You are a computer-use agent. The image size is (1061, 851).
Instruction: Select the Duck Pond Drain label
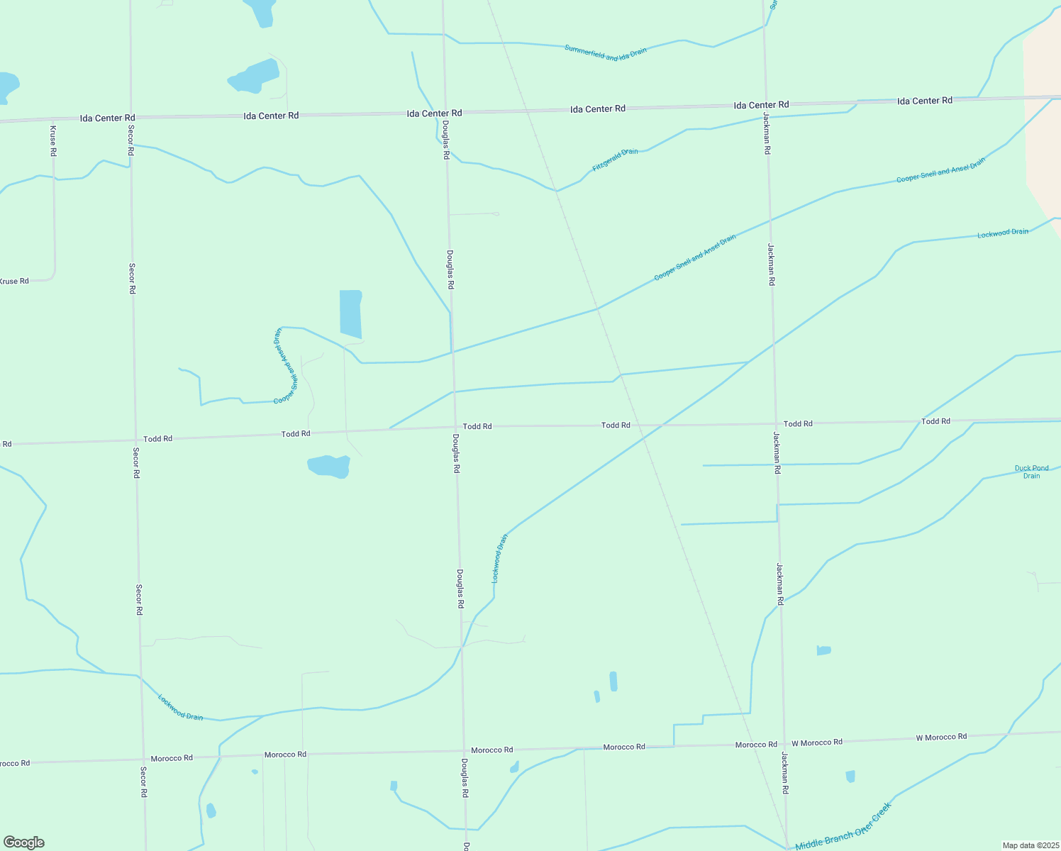[x=1031, y=472]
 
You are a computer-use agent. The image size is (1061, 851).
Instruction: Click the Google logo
[x=23, y=842]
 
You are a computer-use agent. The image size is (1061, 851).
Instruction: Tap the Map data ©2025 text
[x=1031, y=845]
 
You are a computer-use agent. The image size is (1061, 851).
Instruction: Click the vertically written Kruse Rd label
[x=53, y=140]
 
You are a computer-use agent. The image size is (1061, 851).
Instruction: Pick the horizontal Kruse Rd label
[x=14, y=281]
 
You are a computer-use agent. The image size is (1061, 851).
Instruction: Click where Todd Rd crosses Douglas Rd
[x=455, y=427]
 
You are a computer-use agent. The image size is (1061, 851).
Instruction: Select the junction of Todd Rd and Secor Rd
[x=135, y=440]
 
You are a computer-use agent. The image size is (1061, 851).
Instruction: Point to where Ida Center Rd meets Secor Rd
[x=130, y=118]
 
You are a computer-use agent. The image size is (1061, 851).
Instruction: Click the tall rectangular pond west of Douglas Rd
[x=350, y=313]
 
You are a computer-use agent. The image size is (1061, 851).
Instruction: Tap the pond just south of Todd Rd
[x=329, y=466]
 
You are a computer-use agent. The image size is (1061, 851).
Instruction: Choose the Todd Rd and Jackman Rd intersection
[x=775, y=423]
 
